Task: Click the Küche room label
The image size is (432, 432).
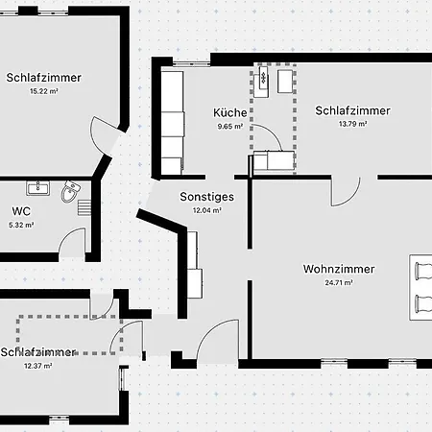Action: (230, 112)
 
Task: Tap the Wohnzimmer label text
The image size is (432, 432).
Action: (339, 269)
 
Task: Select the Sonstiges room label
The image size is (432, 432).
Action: (206, 197)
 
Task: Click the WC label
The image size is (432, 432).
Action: (21, 211)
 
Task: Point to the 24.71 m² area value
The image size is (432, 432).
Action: (339, 283)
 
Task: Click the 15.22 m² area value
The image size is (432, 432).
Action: (44, 91)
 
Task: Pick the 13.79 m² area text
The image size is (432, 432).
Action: (352, 124)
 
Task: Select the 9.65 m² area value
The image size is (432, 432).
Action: (230, 127)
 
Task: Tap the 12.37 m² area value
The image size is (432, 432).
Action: (37, 366)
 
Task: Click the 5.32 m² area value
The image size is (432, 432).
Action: (21, 225)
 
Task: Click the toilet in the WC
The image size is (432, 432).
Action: (70, 191)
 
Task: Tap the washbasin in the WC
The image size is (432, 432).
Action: (37, 188)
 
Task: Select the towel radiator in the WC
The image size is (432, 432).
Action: (84, 207)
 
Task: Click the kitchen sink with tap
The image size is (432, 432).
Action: (263, 78)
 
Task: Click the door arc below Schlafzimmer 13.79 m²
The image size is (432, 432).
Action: (351, 199)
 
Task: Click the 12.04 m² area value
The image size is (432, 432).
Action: (206, 210)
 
